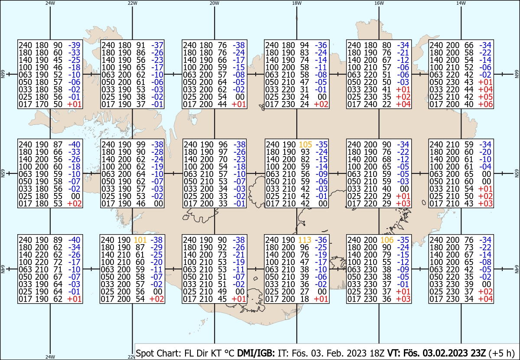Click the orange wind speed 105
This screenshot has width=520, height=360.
[x=305, y=144]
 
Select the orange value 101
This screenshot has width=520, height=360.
[x=140, y=240]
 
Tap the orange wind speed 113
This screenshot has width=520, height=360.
[x=305, y=240]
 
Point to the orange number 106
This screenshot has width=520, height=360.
[x=387, y=240]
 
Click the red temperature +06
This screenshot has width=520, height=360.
[x=485, y=105]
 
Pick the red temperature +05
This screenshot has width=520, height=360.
[x=485, y=97]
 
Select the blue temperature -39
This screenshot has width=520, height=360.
[x=74, y=45]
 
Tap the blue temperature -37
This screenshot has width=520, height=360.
[x=157, y=45]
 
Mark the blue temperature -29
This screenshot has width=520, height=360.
[x=157, y=247]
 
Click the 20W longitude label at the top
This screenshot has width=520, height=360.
[x=214, y=3]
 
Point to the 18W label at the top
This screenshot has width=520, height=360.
[x=297, y=3]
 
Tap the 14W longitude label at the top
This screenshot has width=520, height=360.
[x=461, y=3]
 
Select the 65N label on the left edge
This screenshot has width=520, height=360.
[x=3, y=173]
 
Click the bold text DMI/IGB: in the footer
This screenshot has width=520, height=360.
[x=256, y=353]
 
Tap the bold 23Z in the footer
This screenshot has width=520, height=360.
[x=478, y=353]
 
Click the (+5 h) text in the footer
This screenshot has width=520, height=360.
[x=501, y=353]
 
